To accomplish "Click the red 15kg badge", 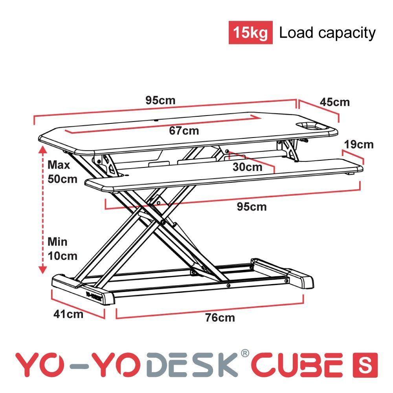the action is (250, 33).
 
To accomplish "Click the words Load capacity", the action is (327, 33).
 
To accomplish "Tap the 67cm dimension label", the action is (184, 131).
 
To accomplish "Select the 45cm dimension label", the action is (334, 102).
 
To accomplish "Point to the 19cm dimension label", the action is (359, 145).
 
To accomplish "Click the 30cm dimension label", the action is (247, 167).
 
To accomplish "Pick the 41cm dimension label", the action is (68, 314).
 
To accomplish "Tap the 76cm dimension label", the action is (220, 318).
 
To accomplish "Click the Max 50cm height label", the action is (62, 172).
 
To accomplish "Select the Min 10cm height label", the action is (62, 249).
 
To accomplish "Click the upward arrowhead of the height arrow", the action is (43, 149).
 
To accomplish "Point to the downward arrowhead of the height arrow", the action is (43, 270).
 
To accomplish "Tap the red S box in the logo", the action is (365, 365).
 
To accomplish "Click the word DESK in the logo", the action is (192, 365).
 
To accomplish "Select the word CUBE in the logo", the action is (297, 365).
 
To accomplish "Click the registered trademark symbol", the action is (245, 353).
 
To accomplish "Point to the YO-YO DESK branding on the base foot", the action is (94, 296).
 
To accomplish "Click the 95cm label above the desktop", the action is (160, 101).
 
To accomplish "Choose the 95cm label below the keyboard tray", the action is (252, 207).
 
